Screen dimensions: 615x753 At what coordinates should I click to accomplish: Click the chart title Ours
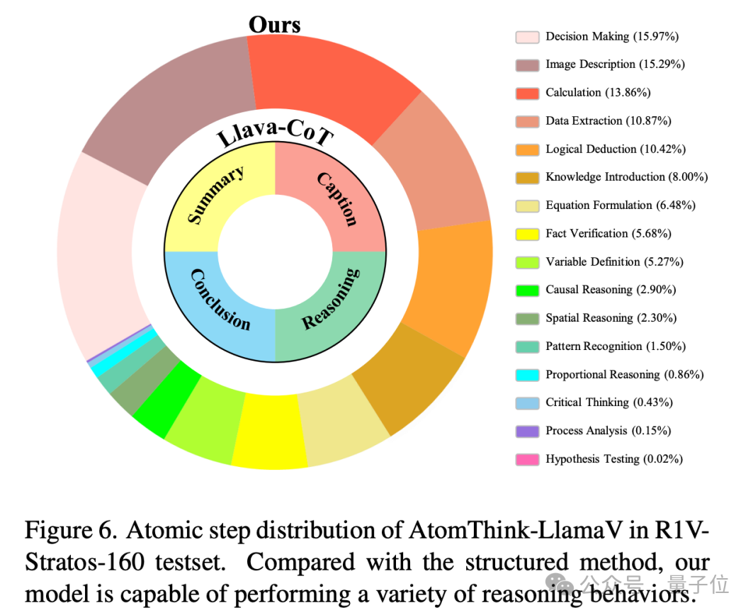point(274,24)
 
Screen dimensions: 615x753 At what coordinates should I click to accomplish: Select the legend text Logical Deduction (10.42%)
point(615,149)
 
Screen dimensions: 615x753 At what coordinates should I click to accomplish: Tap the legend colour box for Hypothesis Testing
point(527,459)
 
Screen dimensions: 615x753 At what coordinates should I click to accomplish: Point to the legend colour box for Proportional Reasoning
point(527,375)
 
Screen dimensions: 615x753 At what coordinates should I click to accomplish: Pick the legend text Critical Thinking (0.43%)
point(608,402)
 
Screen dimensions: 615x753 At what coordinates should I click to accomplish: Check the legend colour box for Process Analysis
point(527,431)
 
